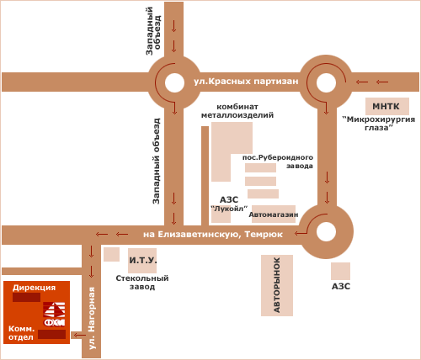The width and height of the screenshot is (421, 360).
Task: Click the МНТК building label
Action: tap(386, 107)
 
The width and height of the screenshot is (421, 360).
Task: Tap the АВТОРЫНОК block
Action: tap(277, 285)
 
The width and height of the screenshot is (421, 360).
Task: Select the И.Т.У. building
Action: tap(142, 261)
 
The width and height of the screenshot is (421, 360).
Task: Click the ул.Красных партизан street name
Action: tap(246, 82)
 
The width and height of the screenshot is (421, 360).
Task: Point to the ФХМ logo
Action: tap(54, 314)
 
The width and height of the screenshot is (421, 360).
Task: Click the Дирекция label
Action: tap(34, 288)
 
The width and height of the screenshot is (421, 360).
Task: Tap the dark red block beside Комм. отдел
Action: tap(52, 334)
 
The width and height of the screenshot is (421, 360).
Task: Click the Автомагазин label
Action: tap(274, 214)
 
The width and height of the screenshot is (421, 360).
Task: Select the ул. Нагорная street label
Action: tap(92, 318)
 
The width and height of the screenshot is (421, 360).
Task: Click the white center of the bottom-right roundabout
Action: tap(326, 232)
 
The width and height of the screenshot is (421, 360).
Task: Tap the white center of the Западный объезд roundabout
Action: tap(174, 82)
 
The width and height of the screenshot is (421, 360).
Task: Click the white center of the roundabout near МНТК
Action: tap(326, 82)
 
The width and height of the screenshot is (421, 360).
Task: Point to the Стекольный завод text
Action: tap(142, 283)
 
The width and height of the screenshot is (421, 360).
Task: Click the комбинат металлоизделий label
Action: tap(237, 111)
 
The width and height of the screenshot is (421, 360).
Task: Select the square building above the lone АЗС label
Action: tap(340, 271)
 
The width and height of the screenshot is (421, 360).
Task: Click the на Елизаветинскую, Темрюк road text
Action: tap(213, 234)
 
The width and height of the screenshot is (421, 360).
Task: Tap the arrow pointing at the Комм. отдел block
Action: tap(80, 335)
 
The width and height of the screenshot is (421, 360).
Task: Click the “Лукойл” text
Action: tap(229, 209)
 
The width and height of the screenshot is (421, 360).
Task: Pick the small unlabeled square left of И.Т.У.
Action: tap(111, 254)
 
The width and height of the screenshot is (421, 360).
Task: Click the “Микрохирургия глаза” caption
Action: tap(378, 124)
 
